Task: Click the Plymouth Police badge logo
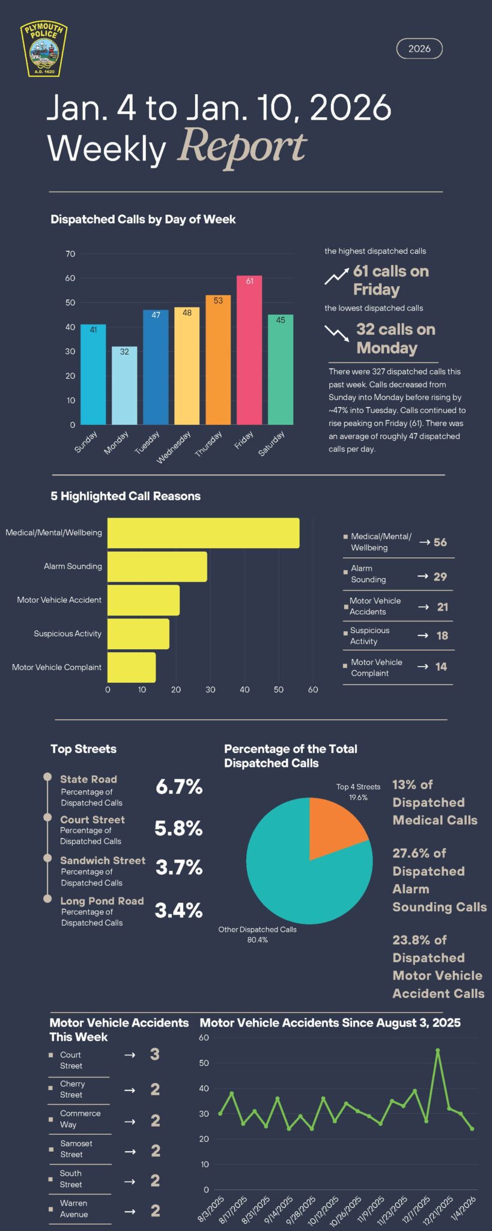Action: pos(44,49)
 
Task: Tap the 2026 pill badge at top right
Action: pos(419,49)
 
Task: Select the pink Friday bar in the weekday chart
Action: pos(249,350)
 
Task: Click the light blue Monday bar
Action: pos(124,385)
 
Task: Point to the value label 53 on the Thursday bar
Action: pos(218,301)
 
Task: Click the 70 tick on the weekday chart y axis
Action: pos(70,254)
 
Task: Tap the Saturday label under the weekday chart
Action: pos(271,444)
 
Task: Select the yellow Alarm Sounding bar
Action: pos(157,566)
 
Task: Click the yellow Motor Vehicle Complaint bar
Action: pos(132,667)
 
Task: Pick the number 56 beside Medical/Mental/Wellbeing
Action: pos(440,542)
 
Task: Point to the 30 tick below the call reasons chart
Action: pos(210,689)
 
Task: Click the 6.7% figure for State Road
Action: pos(179,787)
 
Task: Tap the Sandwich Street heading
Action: pos(103,860)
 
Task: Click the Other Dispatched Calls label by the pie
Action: pos(257,929)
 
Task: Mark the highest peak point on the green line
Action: pos(437,1050)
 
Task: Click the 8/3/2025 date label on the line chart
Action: pos(211,1209)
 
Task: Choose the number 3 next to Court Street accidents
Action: pos(155,1054)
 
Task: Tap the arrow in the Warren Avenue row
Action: pos(130,1211)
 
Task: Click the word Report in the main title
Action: pos(242,147)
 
